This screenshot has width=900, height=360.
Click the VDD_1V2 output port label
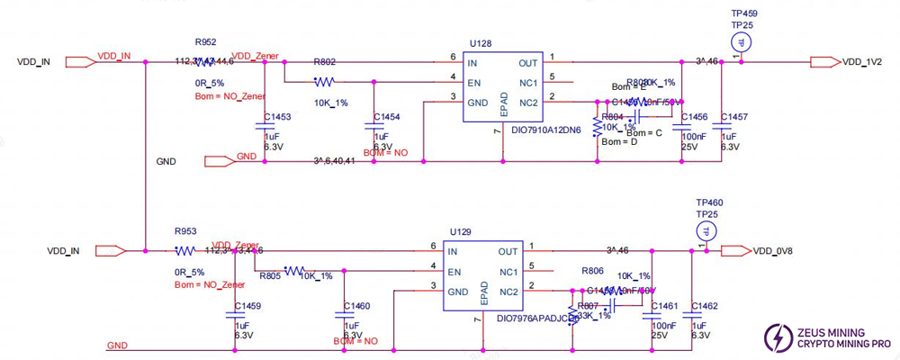862,62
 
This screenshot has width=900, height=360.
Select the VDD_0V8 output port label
774,251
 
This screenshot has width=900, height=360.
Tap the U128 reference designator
480,41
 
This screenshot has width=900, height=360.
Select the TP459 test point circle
740,42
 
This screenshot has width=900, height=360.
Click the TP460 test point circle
708,231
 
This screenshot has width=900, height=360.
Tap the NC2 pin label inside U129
508,291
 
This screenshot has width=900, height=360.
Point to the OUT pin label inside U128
527,63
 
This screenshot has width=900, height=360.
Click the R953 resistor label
185,230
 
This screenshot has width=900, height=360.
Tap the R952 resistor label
206,41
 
